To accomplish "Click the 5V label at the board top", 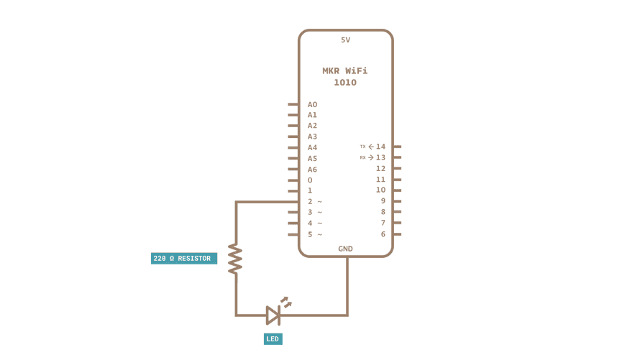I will click(x=346, y=40).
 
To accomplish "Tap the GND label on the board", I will click(x=346, y=249).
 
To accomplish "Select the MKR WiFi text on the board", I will click(x=345, y=71).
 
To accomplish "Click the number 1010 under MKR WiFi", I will click(x=345, y=83).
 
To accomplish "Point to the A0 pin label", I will click(x=312, y=105).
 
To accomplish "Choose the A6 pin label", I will click(x=312, y=170).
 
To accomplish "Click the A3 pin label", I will click(x=312, y=137).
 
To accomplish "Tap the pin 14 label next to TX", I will click(x=380, y=147).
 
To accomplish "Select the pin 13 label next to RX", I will click(x=380, y=157).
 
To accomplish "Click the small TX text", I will click(x=362, y=147).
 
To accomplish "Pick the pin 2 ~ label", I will click(x=314, y=202).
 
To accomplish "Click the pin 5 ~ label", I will click(x=314, y=234).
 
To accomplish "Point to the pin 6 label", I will click(x=383, y=234).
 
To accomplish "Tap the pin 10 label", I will click(x=380, y=190).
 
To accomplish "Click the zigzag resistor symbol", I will click(x=235, y=259).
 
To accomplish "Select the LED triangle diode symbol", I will click(x=273, y=315).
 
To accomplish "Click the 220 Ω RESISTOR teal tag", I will click(x=183, y=259).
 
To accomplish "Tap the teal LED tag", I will click(x=273, y=339).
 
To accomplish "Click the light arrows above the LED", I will click(x=286, y=303).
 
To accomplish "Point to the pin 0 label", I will click(x=310, y=180).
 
